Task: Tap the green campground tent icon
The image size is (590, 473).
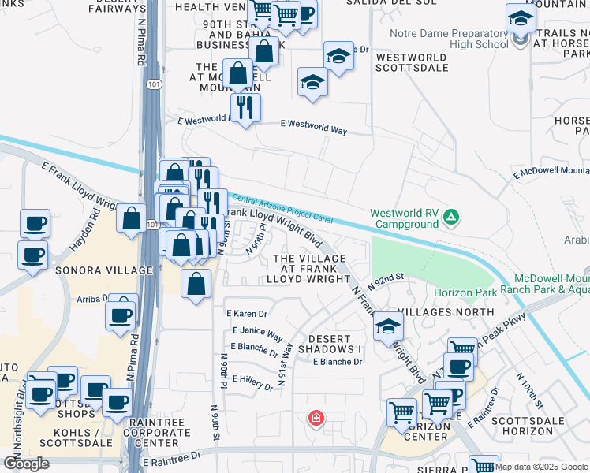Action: point(450,216)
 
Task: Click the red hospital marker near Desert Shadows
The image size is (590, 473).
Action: point(316,417)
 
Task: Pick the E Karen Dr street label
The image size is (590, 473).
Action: point(249,314)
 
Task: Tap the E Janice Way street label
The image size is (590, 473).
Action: point(257,333)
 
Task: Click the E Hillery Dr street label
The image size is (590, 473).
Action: point(252,382)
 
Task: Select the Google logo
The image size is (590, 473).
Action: point(25,464)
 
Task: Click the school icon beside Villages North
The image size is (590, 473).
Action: point(387,325)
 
